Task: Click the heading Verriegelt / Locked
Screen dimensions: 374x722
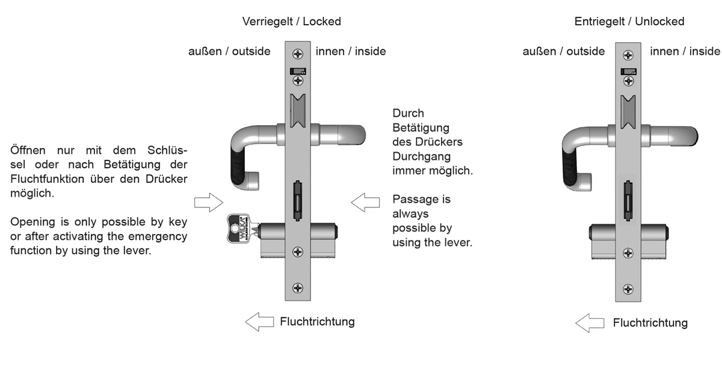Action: (x=291, y=22)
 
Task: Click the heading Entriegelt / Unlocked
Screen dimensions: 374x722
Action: (x=629, y=22)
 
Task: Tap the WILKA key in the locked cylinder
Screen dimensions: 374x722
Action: (x=239, y=229)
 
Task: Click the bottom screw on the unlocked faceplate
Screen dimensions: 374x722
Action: (x=628, y=289)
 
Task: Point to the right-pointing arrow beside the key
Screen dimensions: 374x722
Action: (x=208, y=203)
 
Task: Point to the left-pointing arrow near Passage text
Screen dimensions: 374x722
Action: (x=365, y=203)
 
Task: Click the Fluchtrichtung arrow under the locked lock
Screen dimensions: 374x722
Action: (x=260, y=322)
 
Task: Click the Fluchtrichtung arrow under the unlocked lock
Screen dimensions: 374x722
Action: (x=590, y=323)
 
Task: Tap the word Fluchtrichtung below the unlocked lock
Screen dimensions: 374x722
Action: (x=650, y=323)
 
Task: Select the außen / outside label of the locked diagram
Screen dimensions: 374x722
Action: (x=229, y=52)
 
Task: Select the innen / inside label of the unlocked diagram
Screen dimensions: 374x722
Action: (x=685, y=52)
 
